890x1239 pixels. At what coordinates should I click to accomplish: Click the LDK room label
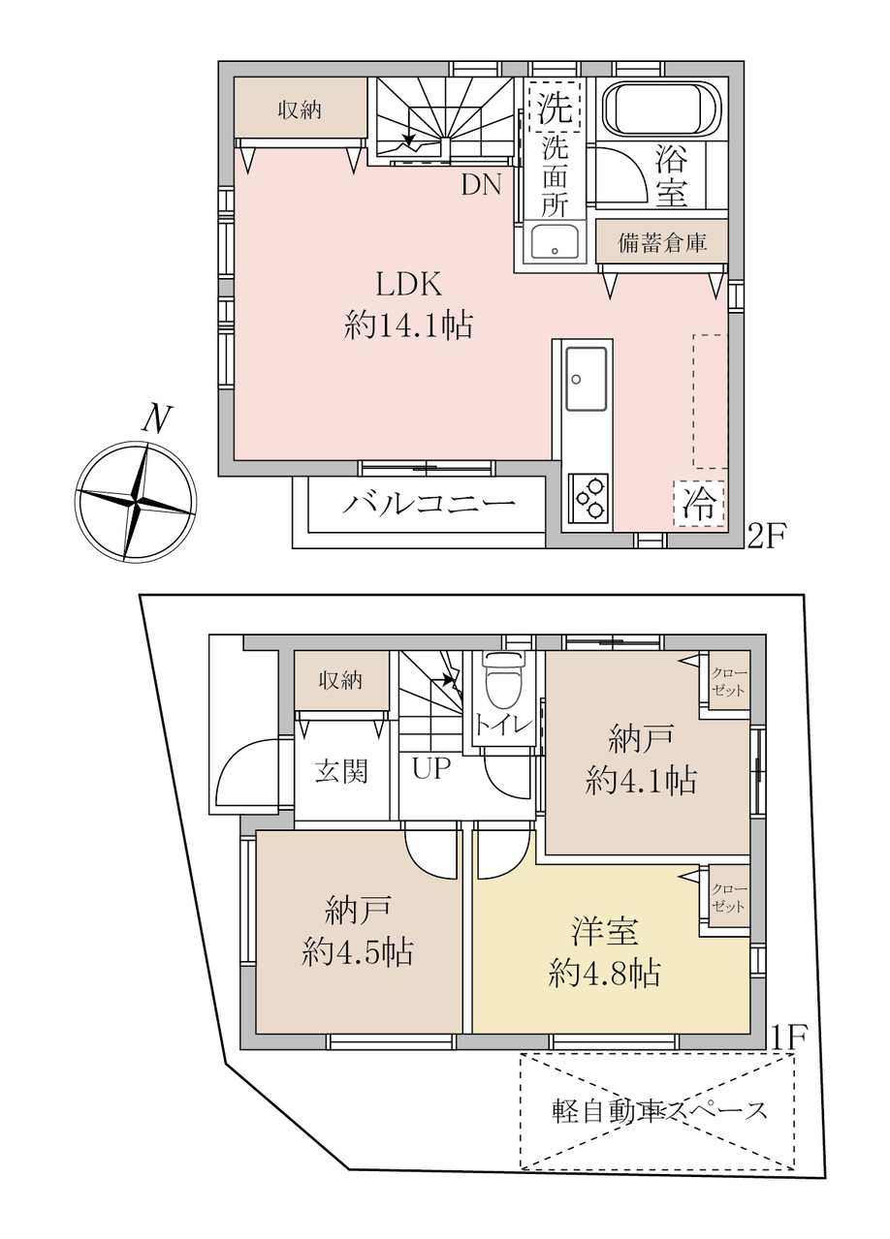tap(409, 286)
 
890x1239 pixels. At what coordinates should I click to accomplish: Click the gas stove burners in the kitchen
tap(588, 498)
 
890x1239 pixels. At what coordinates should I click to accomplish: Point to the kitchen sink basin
tap(587, 379)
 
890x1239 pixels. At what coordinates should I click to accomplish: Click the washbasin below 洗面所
tap(555, 242)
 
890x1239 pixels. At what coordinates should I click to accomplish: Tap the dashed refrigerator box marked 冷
tap(698, 504)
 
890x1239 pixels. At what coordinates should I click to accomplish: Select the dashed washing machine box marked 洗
tap(554, 108)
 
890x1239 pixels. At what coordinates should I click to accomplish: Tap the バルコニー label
tap(429, 504)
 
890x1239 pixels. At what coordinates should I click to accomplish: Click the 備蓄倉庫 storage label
tap(662, 242)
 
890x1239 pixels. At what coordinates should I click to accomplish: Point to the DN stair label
tap(482, 185)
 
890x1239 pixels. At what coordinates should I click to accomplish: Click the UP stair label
tap(431, 768)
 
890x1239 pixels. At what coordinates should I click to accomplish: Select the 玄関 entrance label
tap(341, 771)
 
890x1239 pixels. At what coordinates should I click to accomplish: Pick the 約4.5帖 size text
tap(358, 952)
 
